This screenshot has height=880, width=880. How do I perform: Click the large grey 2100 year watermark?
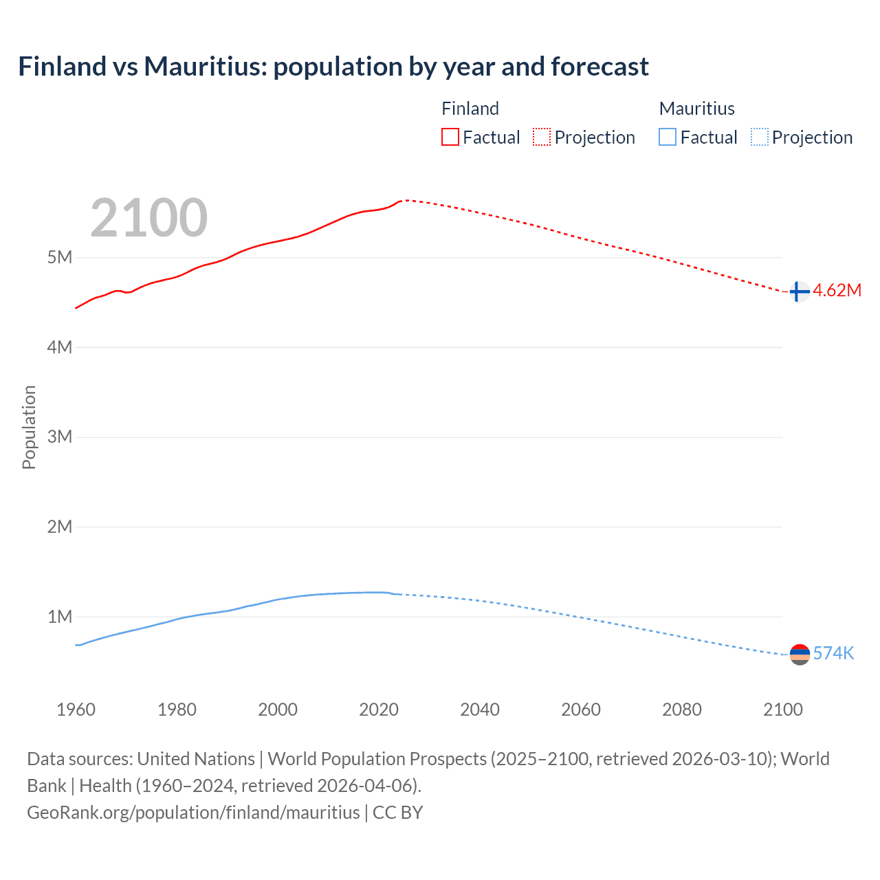pyautogui.click(x=148, y=218)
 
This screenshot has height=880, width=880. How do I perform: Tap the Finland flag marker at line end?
pyautogui.click(x=799, y=291)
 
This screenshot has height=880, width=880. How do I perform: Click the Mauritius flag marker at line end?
pyautogui.click(x=800, y=654)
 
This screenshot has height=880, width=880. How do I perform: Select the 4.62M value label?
pyautogui.click(x=837, y=291)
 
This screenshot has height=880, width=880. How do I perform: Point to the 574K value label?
pyautogui.click(x=833, y=654)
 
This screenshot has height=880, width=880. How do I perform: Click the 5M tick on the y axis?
pyautogui.click(x=60, y=258)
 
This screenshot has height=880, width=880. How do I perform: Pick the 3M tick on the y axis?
pyautogui.click(x=60, y=437)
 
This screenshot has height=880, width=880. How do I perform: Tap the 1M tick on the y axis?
pyautogui.click(x=60, y=617)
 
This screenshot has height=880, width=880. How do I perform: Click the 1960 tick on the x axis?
pyautogui.click(x=76, y=709)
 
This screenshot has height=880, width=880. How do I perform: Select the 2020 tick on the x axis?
pyautogui.click(x=379, y=709)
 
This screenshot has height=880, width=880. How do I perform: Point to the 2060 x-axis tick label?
pyautogui.click(x=581, y=709)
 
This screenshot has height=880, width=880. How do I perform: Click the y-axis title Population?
pyautogui.click(x=29, y=427)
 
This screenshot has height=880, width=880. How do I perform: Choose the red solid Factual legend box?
pyautogui.click(x=450, y=137)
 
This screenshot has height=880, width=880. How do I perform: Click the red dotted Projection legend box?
pyautogui.click(x=542, y=137)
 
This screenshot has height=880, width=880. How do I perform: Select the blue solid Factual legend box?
pyautogui.click(x=668, y=137)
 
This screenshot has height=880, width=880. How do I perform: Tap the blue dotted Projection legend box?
pyautogui.click(x=759, y=137)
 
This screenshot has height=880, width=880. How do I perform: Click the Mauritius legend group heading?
pyautogui.click(x=696, y=109)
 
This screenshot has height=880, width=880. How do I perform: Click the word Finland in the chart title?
pyautogui.click(x=62, y=67)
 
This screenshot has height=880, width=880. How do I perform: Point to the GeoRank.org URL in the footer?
pyautogui.click(x=193, y=813)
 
